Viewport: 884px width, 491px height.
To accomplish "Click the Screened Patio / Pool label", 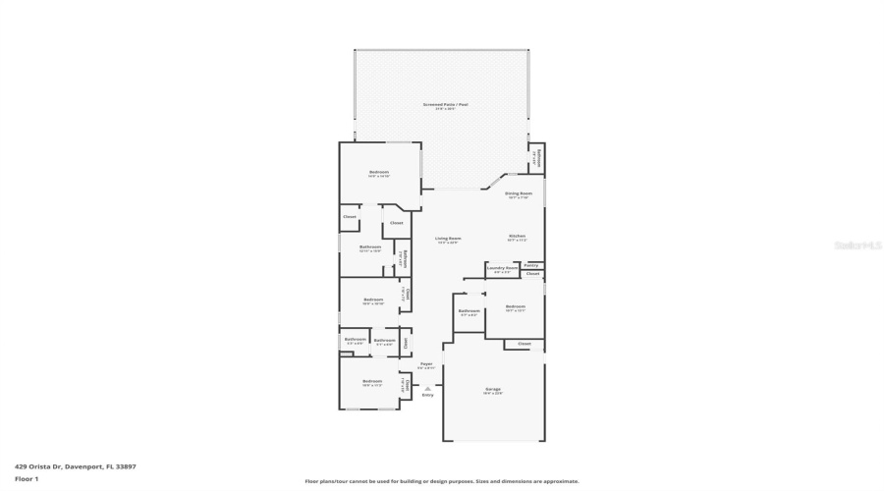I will pos(445,103).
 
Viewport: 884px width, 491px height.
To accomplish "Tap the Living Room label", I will pos(449,238).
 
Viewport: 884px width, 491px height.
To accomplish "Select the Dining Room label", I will pos(519,193).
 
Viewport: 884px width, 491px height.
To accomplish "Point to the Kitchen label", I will pos(517,236).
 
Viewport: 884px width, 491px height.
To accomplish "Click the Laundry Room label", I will pos(502,267).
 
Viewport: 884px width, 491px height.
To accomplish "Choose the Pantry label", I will pos(530,265).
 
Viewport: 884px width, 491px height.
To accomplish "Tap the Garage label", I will pos(492,389).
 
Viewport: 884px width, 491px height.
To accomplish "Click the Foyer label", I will pos(426,363).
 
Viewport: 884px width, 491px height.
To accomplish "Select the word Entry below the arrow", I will pos(427,395).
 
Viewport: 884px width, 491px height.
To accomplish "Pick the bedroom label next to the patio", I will pos(379,172).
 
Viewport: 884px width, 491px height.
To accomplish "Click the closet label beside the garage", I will pos(524,344).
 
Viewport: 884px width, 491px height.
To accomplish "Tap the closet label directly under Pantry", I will pos(531,274).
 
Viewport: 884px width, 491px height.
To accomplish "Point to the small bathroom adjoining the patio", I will pos(535,157).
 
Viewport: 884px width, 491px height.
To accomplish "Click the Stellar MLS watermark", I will pos(856,245).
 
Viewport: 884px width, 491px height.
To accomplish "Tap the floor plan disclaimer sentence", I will pos(442,481).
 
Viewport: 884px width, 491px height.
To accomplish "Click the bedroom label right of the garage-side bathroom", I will pos(516,306).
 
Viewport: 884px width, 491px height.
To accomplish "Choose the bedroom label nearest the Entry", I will pos(371,381).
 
